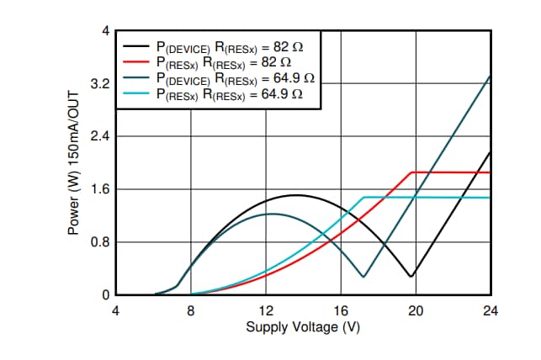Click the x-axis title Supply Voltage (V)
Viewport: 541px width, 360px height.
pyautogui.click(x=303, y=327)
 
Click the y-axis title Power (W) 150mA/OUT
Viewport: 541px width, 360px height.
pyautogui.click(x=82, y=163)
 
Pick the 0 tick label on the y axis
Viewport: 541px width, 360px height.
pyautogui.click(x=106, y=295)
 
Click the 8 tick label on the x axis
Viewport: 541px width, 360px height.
pyautogui.click(x=191, y=310)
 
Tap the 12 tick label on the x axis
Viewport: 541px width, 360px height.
pyautogui.click(x=266, y=310)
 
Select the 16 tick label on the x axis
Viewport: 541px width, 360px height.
pyautogui.click(x=341, y=310)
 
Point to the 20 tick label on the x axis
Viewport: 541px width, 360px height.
pyautogui.click(x=416, y=310)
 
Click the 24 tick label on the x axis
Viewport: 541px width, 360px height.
pyautogui.click(x=491, y=310)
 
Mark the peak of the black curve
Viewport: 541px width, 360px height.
pyautogui.click(x=295, y=195)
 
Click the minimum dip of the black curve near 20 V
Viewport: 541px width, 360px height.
pyautogui.click(x=411, y=276)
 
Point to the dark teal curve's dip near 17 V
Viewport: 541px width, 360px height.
pyautogui.click(x=363, y=277)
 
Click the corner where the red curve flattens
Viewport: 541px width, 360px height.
pyautogui.click(x=411, y=172)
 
